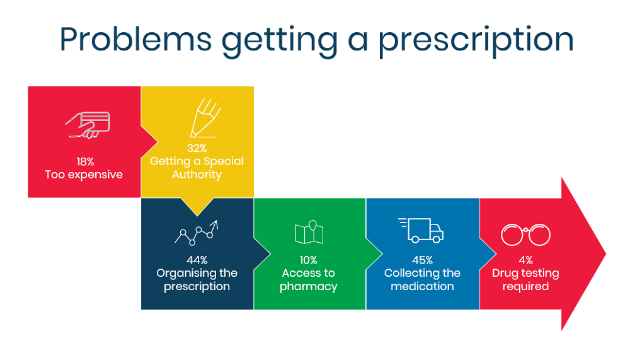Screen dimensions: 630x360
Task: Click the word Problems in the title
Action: (135, 39)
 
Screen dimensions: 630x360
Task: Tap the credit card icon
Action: (88, 125)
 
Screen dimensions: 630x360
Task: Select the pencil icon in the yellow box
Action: (205, 118)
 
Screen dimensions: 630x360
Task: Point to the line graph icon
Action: (197, 233)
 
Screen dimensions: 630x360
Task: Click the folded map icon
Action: (309, 232)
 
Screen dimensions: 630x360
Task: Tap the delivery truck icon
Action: (421, 231)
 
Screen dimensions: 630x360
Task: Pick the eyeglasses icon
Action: (525, 235)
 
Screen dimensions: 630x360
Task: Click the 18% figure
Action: (85, 161)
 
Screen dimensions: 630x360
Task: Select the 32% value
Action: (197, 148)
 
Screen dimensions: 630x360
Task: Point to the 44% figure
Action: (197, 260)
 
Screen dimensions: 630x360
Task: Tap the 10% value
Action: (309, 260)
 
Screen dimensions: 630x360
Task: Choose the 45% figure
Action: (422, 260)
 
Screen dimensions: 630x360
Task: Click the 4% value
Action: (525, 260)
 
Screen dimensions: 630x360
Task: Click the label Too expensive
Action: (84, 175)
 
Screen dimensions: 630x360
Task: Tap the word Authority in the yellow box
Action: (197, 175)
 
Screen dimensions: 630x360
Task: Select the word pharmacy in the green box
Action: (309, 287)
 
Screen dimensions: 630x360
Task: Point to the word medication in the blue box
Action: (422, 286)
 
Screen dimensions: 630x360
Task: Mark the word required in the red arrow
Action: (525, 287)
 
